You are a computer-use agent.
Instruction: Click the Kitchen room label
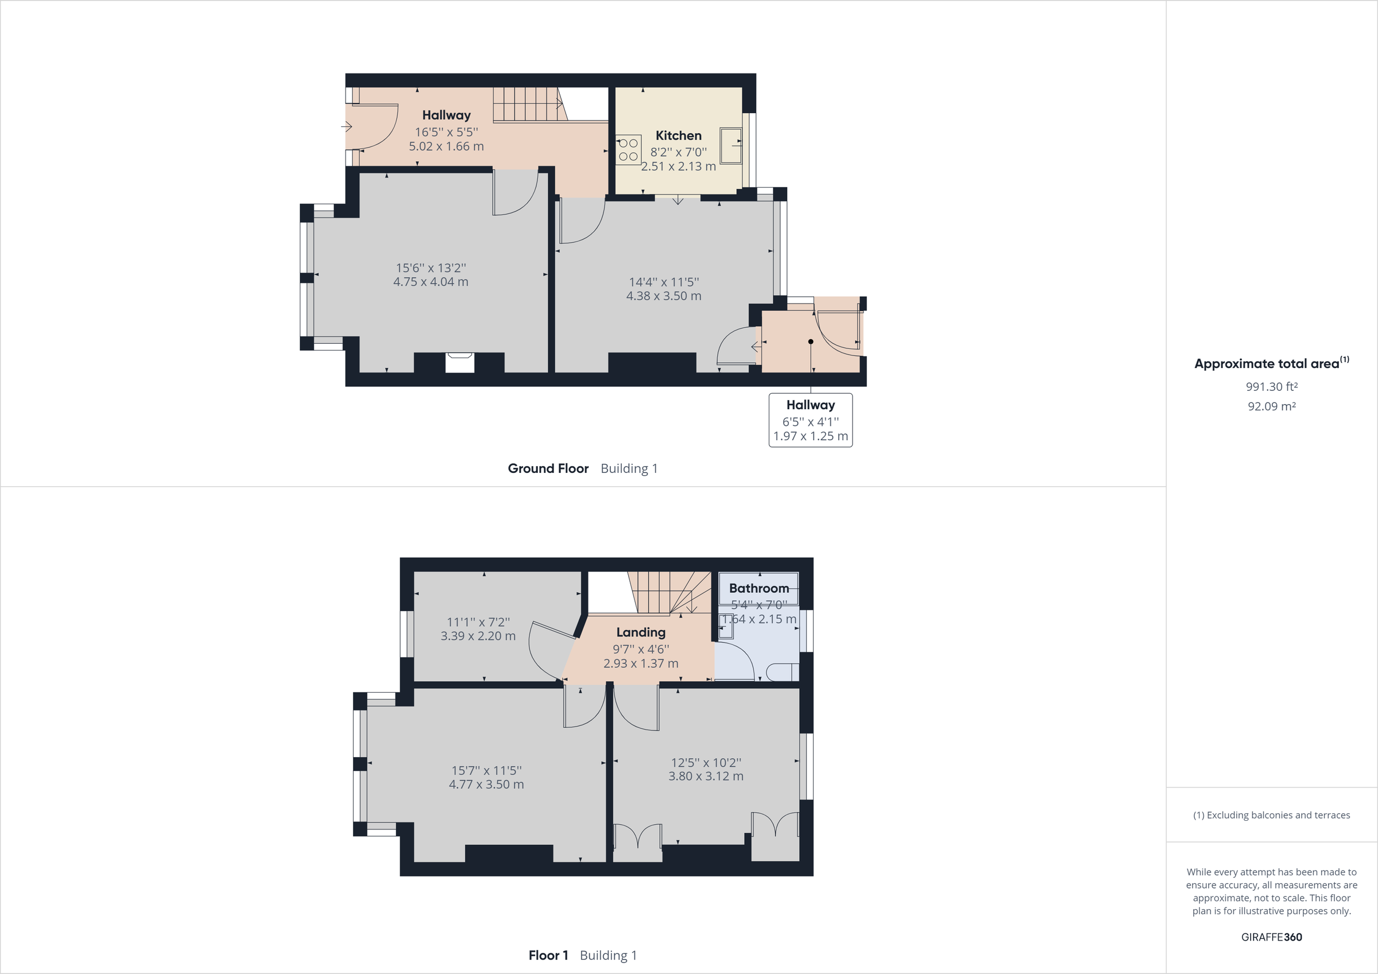[x=678, y=135]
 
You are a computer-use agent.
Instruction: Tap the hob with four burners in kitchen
[x=628, y=149]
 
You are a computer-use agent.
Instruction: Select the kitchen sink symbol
[x=731, y=145]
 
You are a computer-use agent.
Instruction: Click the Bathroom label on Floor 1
[x=758, y=588]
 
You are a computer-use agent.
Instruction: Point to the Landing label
[x=640, y=632]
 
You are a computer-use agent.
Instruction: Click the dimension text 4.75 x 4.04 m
[x=430, y=281]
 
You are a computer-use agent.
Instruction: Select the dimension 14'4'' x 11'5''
[x=664, y=281]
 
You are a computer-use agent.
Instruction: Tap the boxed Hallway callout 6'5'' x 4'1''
[x=810, y=420]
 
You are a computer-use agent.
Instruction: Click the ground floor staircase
[x=528, y=104]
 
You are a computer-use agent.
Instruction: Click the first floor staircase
[x=666, y=593]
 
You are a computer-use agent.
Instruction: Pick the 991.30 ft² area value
[x=1271, y=386]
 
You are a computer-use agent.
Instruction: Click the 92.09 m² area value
[x=1271, y=406]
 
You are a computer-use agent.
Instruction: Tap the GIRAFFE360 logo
[x=1271, y=937]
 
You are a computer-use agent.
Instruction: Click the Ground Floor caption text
[x=548, y=468]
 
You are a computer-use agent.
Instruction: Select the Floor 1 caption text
[x=548, y=955]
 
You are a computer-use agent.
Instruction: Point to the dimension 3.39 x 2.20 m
[x=478, y=636]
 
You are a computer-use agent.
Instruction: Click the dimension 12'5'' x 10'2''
[x=706, y=762]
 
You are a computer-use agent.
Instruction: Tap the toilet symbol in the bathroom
[x=782, y=672]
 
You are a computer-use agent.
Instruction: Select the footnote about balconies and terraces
[x=1271, y=815]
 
